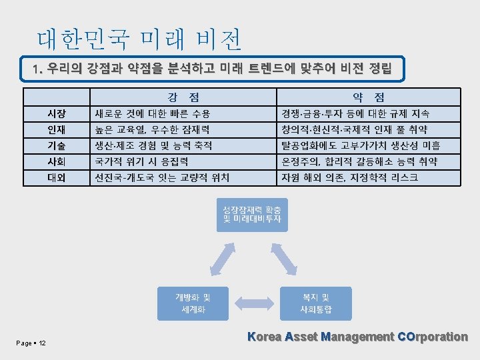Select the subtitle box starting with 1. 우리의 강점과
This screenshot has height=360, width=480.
tap(213, 69)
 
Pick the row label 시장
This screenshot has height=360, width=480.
tap(56, 113)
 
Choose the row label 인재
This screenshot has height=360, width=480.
tap(56, 129)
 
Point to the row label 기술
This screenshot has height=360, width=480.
tap(56, 145)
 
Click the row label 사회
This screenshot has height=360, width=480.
tap(56, 161)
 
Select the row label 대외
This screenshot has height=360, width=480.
tap(56, 177)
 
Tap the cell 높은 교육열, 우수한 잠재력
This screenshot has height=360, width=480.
tap(153, 129)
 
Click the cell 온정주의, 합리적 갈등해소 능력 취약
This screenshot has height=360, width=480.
tap(360, 161)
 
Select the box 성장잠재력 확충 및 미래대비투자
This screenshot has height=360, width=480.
tap(251, 214)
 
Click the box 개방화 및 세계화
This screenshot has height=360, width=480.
tap(193, 303)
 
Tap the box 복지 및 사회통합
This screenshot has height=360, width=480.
tap(315, 303)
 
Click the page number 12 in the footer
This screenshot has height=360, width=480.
tap(42, 343)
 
